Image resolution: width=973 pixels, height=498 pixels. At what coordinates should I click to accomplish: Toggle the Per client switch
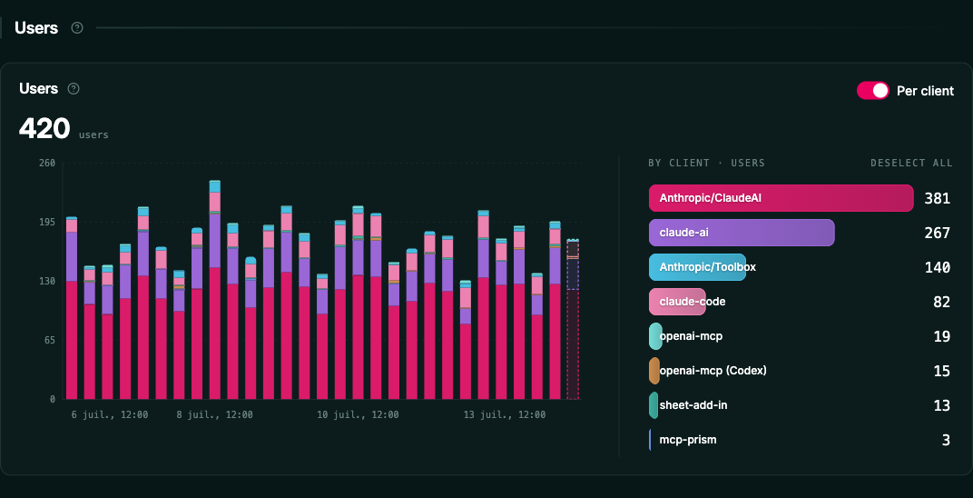click(x=873, y=91)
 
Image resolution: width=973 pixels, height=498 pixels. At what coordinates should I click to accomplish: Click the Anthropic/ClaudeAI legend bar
click(x=781, y=198)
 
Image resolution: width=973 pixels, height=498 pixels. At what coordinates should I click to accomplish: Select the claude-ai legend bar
click(x=742, y=233)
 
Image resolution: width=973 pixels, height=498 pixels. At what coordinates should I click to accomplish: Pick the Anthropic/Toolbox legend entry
click(x=697, y=267)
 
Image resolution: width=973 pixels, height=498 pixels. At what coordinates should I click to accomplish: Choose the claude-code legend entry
click(x=678, y=302)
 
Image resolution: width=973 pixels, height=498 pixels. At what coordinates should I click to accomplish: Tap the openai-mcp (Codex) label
click(x=713, y=371)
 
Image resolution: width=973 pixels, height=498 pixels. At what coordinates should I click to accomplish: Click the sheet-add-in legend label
click(x=693, y=405)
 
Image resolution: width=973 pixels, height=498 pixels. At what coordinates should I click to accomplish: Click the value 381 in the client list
click(x=937, y=199)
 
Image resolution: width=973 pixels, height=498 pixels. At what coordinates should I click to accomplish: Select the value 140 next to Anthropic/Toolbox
click(x=937, y=267)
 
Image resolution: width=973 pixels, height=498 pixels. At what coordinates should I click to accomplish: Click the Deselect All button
click(x=911, y=164)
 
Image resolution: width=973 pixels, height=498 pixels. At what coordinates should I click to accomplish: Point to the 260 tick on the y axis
click(x=48, y=164)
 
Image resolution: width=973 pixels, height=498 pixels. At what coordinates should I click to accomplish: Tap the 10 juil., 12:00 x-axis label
click(x=357, y=414)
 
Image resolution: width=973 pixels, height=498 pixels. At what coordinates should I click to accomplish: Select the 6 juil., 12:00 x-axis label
click(x=109, y=414)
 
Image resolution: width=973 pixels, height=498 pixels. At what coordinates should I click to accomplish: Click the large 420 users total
click(x=44, y=129)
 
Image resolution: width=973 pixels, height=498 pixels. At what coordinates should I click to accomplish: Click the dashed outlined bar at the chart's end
click(x=573, y=319)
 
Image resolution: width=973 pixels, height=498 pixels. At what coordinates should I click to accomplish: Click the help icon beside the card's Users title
click(x=74, y=89)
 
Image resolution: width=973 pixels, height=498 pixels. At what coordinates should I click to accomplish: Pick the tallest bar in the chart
click(x=215, y=290)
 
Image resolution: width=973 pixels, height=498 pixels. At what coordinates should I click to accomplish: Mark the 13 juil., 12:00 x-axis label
click(x=505, y=414)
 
